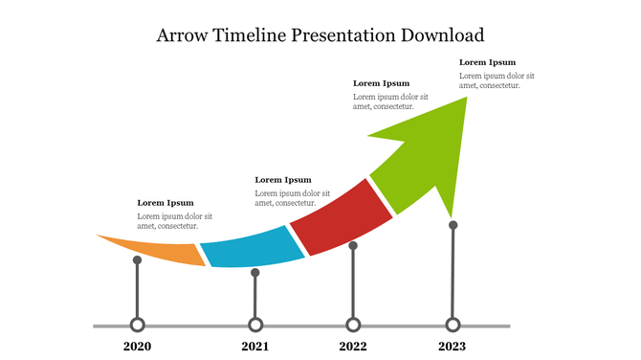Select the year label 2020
[138, 347]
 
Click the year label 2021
[255, 347]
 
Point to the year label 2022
[353, 347]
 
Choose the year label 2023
[453, 347]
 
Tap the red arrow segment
[341, 217]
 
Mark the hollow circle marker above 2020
[138, 325]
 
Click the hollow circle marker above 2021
[255, 325]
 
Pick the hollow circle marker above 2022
[353, 325]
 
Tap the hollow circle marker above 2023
[453, 325]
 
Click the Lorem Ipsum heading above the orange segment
[166, 203]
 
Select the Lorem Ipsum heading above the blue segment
[283, 180]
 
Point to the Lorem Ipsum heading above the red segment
[381, 83]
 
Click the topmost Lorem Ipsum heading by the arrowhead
[487, 62]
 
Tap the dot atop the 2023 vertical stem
[453, 225]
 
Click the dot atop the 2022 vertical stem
[353, 246]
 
